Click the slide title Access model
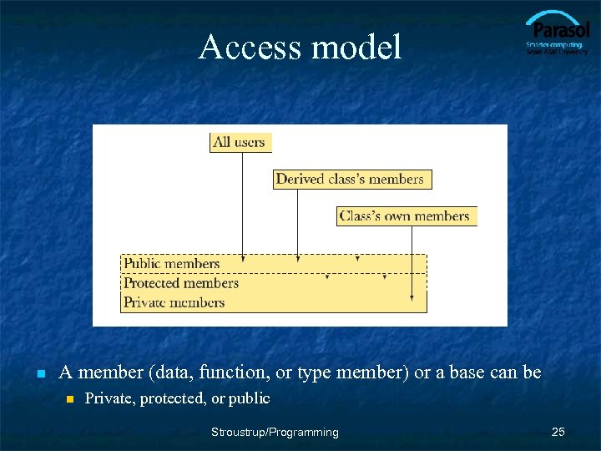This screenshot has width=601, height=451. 300,47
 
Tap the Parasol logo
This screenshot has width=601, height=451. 557,35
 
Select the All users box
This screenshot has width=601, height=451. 240,142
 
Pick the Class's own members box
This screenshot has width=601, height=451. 405,216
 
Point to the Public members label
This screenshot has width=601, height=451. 171,264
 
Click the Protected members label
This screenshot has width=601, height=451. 180,283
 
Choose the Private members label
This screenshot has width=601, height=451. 174,302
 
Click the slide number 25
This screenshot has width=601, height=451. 558,432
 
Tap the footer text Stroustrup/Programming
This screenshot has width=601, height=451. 275,432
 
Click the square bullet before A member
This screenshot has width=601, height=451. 40,373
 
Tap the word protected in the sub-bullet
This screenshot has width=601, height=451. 174,398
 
